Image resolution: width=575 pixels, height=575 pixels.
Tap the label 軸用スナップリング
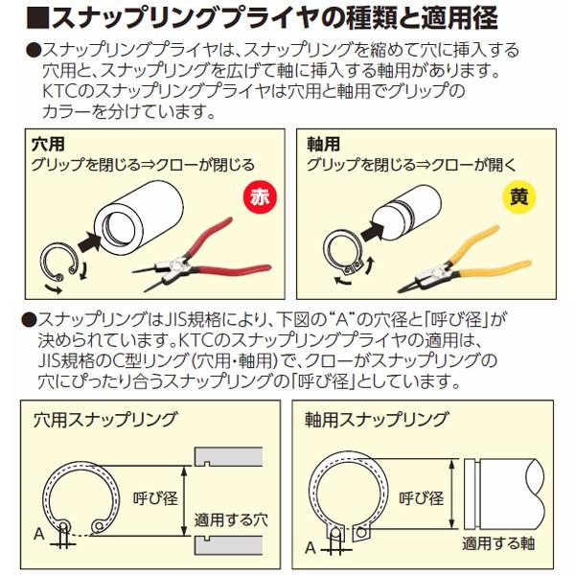pos(377,419)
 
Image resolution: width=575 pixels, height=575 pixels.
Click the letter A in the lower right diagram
pos(309,548)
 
